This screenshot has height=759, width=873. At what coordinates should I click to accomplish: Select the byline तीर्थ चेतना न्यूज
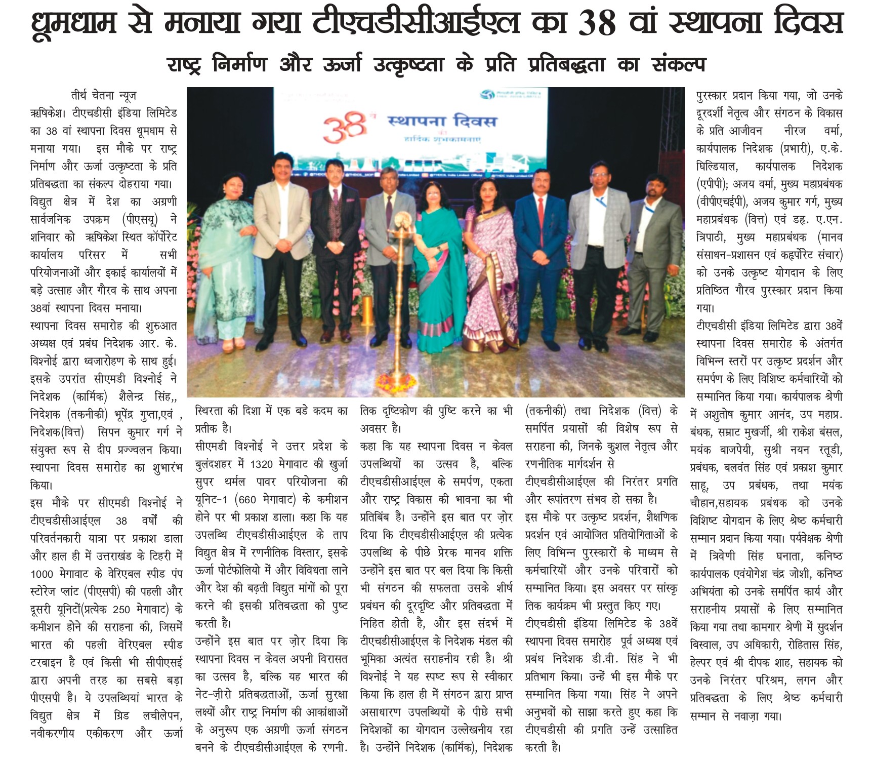click(104, 95)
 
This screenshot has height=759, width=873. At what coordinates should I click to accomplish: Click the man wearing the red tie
click(539, 253)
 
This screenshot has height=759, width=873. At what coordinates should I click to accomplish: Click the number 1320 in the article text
click(262, 464)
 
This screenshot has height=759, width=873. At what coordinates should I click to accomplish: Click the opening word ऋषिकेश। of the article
click(47, 113)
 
